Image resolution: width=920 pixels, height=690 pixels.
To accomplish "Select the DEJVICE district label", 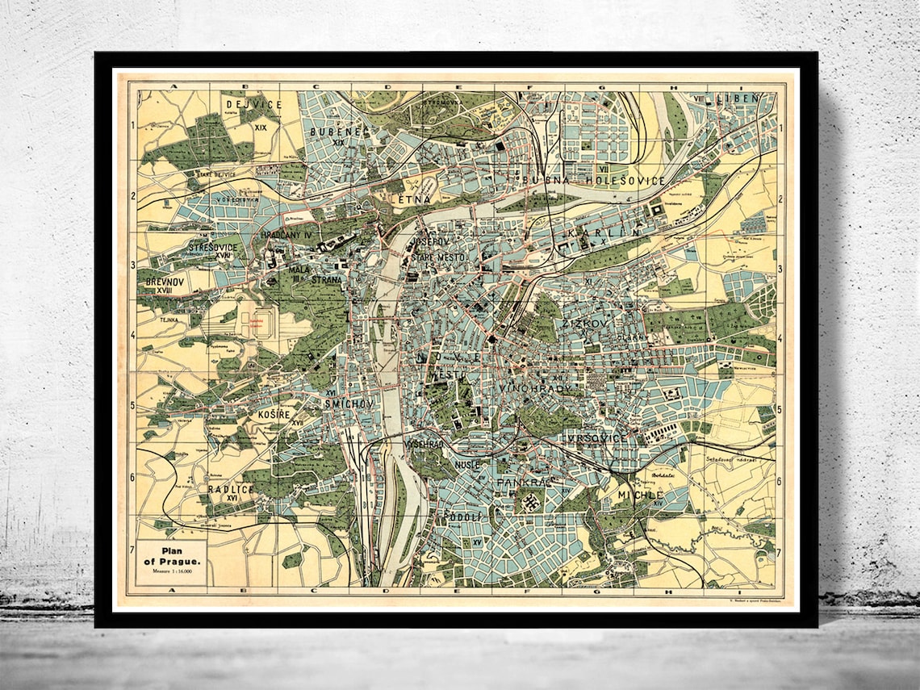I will click(253, 104).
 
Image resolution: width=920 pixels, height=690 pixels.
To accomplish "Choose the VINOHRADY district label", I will click(535, 389).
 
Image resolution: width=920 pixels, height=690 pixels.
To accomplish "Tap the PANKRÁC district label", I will click(523, 482).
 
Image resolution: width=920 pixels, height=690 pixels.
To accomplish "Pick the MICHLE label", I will click(640, 494).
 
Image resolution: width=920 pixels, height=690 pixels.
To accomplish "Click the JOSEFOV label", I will click(429, 241).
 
